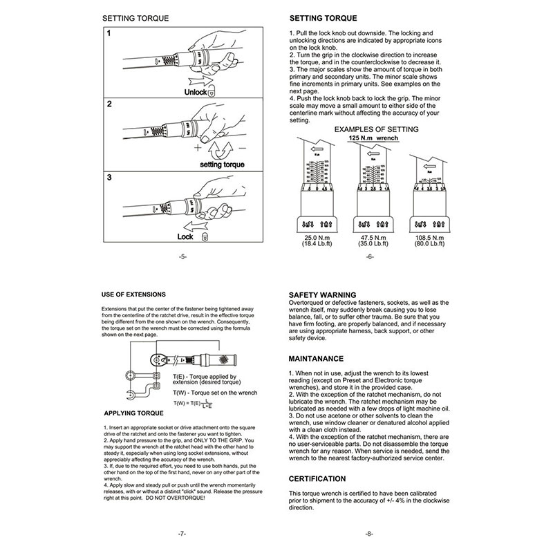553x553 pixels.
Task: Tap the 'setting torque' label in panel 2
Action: click(x=223, y=165)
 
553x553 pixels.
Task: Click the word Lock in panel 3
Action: click(x=185, y=236)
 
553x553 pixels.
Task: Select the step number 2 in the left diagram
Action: click(x=109, y=104)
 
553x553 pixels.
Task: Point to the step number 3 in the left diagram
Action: click(x=109, y=177)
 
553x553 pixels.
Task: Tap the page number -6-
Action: click(x=370, y=256)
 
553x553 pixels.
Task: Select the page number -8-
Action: click(x=370, y=534)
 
